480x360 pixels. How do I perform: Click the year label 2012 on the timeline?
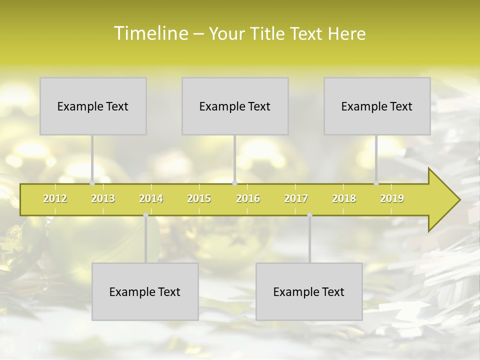click(55, 198)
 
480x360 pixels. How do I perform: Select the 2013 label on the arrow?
click(103, 198)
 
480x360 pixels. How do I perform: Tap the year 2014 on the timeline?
click(151, 198)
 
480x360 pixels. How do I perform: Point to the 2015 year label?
click(199, 198)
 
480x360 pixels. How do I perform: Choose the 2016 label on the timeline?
click(248, 198)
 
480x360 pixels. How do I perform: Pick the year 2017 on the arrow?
click(296, 198)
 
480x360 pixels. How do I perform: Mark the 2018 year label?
click(344, 198)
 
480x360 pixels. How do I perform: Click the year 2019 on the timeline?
click(392, 198)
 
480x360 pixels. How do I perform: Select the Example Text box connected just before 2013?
click(93, 106)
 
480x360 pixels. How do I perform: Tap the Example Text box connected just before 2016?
click(235, 106)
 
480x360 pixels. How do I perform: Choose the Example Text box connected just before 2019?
click(377, 106)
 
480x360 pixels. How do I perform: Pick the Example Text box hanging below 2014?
click(145, 291)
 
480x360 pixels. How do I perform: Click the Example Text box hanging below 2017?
click(309, 291)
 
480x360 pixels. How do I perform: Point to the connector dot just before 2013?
click(92, 183)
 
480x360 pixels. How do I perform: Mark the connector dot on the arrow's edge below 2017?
click(309, 215)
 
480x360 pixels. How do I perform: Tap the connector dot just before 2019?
click(376, 183)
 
